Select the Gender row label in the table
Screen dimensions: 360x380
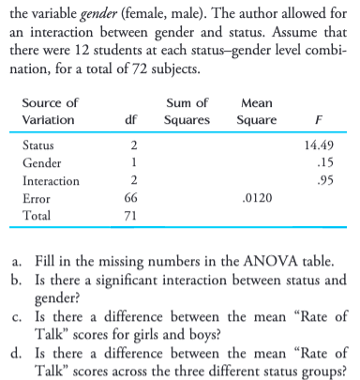point(38,163)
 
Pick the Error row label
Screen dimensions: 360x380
point(35,199)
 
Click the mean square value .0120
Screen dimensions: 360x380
point(258,199)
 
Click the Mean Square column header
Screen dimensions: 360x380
point(257,112)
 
